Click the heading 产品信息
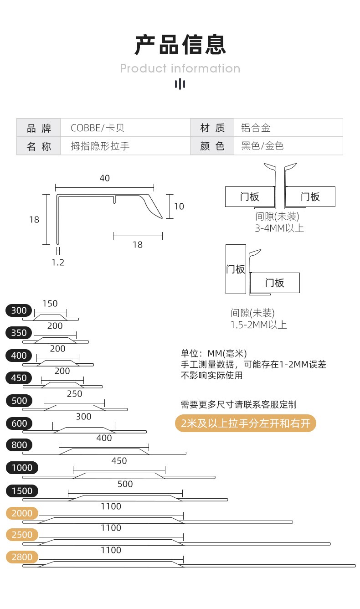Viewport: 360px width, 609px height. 180,45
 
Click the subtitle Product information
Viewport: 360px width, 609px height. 180,68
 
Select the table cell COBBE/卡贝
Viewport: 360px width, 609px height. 98,128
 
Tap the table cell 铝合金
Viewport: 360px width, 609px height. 256,128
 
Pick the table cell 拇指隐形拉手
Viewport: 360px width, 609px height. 100,146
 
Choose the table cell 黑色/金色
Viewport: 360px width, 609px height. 262,146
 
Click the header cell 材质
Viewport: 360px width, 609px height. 212,128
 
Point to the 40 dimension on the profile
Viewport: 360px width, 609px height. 104,178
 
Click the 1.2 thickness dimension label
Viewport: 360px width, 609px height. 58,263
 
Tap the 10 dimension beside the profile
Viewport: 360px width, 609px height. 179,206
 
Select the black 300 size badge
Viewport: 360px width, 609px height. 19,310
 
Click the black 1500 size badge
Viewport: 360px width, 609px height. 22,491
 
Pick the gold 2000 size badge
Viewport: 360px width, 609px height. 22,513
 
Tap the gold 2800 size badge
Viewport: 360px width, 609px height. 22,557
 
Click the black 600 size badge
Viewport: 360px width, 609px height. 19,423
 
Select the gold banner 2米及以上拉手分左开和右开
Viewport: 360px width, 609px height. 245,423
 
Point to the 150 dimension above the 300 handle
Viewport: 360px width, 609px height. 50,304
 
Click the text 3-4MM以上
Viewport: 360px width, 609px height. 279,228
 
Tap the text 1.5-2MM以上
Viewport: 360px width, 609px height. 258,325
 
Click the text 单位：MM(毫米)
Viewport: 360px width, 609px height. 214,353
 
